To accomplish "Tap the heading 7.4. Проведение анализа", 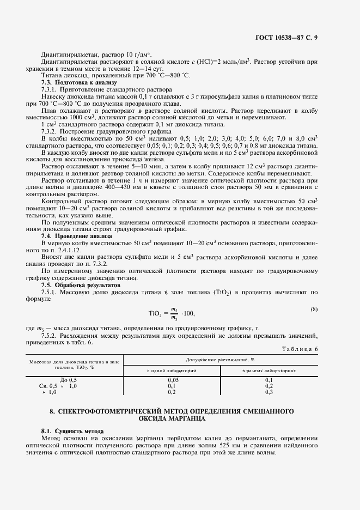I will click(x=69, y=236).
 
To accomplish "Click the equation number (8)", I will click(x=314, y=309).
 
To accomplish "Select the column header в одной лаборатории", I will click(x=172, y=370).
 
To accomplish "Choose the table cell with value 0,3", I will click(x=269, y=391).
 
